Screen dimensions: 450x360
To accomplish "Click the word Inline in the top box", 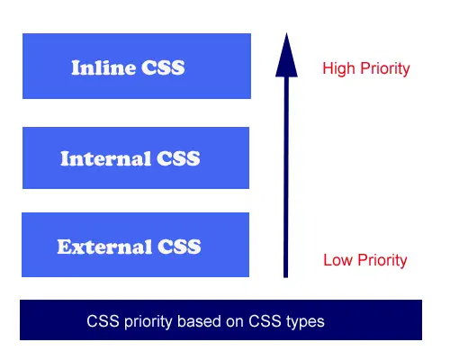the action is [x=103, y=67].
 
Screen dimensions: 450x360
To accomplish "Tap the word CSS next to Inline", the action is [x=163, y=67].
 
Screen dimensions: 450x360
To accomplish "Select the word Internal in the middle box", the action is [x=105, y=158].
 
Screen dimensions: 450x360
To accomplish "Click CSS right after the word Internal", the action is [x=178, y=158].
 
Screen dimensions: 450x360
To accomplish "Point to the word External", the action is [x=104, y=247].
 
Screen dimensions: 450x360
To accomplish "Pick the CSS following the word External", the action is [x=179, y=247].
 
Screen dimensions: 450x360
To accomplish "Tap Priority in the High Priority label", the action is [x=385, y=69].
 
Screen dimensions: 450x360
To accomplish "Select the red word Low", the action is [x=337, y=260].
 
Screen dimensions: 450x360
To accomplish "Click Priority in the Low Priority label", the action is [x=382, y=260].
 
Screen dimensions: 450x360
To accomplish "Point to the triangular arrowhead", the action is [x=286, y=55].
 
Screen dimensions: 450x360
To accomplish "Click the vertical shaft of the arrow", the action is [x=286, y=177].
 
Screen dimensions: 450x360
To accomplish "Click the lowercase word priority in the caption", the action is [x=148, y=322].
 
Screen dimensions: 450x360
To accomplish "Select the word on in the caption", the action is [x=235, y=322].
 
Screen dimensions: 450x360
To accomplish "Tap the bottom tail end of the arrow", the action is [x=286, y=277].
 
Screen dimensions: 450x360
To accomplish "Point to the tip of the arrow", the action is [x=286, y=32].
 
